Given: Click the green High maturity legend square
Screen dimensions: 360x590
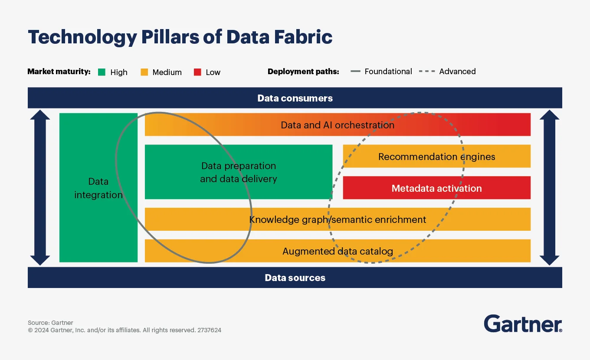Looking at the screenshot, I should click(x=102, y=72).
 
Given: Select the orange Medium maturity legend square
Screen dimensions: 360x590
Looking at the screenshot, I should click(x=144, y=72).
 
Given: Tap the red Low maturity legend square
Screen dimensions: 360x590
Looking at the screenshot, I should click(x=197, y=72).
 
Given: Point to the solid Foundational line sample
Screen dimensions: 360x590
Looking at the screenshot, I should click(x=355, y=72).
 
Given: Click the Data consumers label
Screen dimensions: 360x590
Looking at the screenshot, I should click(x=295, y=98).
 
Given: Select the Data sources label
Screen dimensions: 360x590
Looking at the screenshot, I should click(x=295, y=278).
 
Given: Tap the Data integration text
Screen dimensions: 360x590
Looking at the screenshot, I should click(x=98, y=188).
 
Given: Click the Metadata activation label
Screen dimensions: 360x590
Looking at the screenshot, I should click(x=436, y=188).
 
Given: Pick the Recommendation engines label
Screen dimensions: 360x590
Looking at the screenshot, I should click(x=436, y=157).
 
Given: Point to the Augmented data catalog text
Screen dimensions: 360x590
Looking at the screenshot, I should click(x=338, y=251).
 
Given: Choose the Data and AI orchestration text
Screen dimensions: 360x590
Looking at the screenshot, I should click(x=338, y=125).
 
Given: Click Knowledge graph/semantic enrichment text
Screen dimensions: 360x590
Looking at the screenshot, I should click(x=338, y=219).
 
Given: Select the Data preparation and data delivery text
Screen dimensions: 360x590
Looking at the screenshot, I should click(x=238, y=172).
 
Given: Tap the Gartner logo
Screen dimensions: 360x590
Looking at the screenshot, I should click(x=523, y=324).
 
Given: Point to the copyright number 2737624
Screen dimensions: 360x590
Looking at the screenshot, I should click(x=209, y=330).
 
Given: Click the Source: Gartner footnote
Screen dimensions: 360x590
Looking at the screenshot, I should click(x=50, y=323).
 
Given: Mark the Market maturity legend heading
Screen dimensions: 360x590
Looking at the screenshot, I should click(x=59, y=72).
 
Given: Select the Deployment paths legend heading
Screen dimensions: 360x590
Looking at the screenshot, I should click(x=303, y=72).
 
